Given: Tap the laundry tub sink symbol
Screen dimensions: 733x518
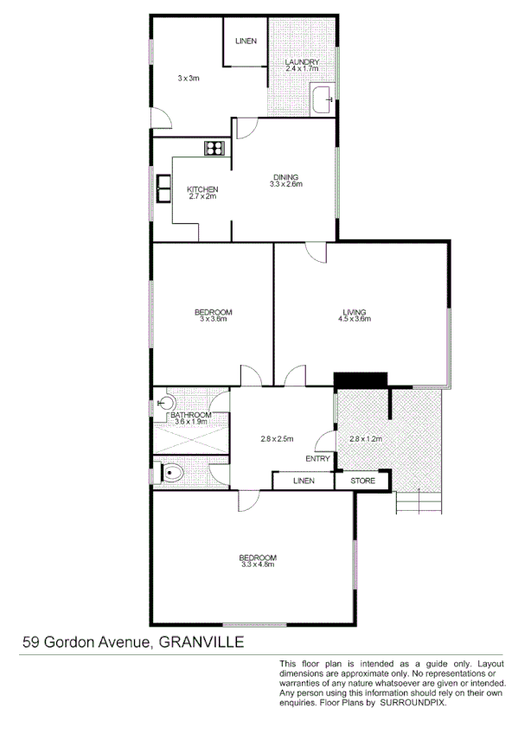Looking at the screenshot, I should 323,99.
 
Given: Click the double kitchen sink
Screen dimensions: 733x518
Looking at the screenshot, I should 163,188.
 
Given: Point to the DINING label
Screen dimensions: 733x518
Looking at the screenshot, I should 285,177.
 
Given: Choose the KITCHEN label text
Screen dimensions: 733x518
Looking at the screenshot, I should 202,189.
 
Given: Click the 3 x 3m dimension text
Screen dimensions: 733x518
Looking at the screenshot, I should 189,78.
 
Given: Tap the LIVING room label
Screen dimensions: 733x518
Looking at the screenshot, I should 354,312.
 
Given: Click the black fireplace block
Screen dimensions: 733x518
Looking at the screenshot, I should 360,380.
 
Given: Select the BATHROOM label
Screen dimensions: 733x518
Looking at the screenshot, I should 191,415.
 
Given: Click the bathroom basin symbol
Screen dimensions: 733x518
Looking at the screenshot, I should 167,403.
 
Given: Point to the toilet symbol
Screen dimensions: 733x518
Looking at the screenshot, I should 173,473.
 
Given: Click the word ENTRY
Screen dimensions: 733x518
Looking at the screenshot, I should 317,459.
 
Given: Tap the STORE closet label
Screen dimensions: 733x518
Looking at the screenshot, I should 361,481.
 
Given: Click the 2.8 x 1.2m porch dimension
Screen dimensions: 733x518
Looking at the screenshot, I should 364,439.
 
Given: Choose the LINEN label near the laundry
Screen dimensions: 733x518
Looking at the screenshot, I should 246,41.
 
